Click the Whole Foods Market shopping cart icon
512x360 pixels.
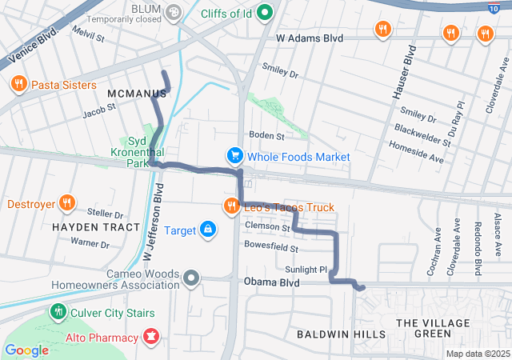pos(234,156)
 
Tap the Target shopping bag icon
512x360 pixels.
pos(208,230)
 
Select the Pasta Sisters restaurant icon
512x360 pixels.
pos(18,84)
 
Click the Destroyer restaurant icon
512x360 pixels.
pos(67,203)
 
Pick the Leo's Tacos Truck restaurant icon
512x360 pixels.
pos(232,206)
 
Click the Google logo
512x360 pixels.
pos(26,350)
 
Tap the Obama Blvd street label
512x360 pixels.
pos(272,282)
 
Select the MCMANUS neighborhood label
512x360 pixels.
pos(136,94)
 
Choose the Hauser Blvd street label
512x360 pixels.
pos(402,73)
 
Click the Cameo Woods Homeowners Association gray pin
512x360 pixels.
pos(190,278)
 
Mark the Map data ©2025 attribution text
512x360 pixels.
pos(477,354)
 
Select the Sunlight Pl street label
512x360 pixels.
pos(303,270)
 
